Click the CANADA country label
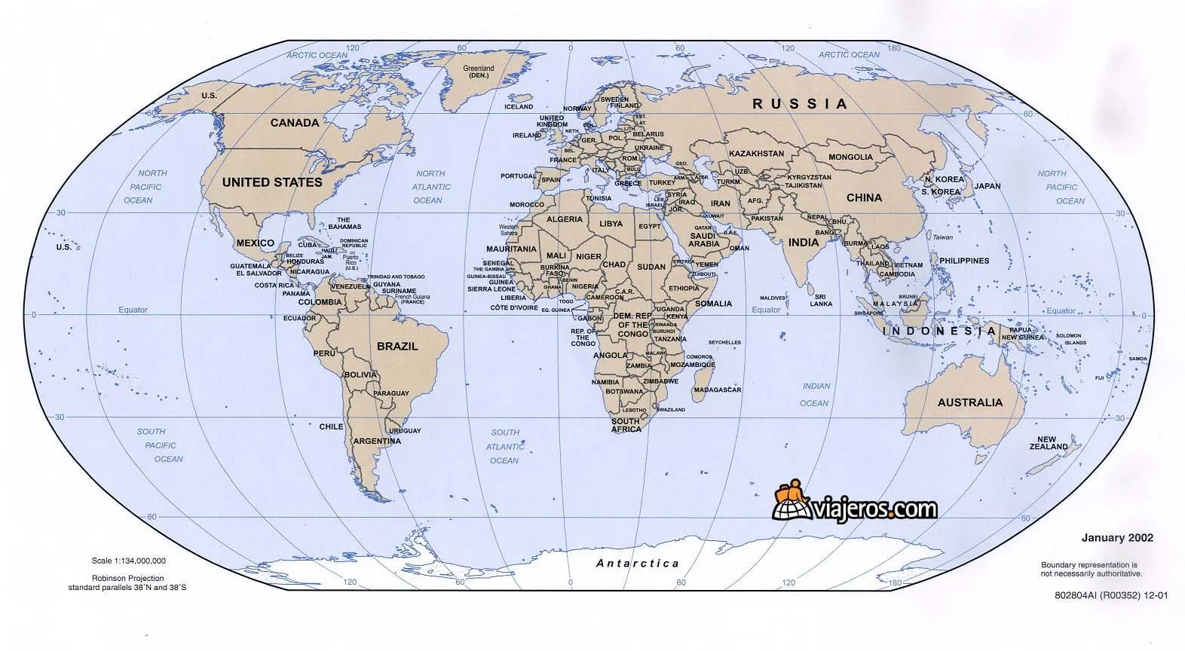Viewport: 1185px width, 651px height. pyautogui.click(x=295, y=123)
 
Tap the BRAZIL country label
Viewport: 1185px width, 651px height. pyautogui.click(x=397, y=347)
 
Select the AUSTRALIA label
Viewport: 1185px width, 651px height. pyautogui.click(x=970, y=402)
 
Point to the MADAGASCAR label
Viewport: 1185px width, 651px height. pyautogui.click(x=718, y=390)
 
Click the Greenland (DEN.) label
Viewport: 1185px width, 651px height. pyautogui.click(x=478, y=72)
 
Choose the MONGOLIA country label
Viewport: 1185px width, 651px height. pyautogui.click(x=850, y=157)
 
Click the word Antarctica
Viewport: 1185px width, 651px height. pyautogui.click(x=638, y=563)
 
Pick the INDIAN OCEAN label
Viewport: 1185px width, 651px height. pyautogui.click(x=816, y=395)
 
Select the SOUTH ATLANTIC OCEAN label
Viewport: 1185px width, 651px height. pyautogui.click(x=505, y=446)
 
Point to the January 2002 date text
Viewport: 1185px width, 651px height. pyautogui.click(x=1117, y=538)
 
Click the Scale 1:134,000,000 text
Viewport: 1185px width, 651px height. pyautogui.click(x=129, y=561)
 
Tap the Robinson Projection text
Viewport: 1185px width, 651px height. pyautogui.click(x=127, y=579)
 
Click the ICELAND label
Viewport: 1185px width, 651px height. pyautogui.click(x=519, y=107)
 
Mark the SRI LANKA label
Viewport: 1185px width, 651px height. pyautogui.click(x=821, y=300)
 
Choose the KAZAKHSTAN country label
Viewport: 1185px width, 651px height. pyautogui.click(x=757, y=154)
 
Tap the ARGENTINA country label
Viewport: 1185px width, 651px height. pyautogui.click(x=377, y=441)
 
